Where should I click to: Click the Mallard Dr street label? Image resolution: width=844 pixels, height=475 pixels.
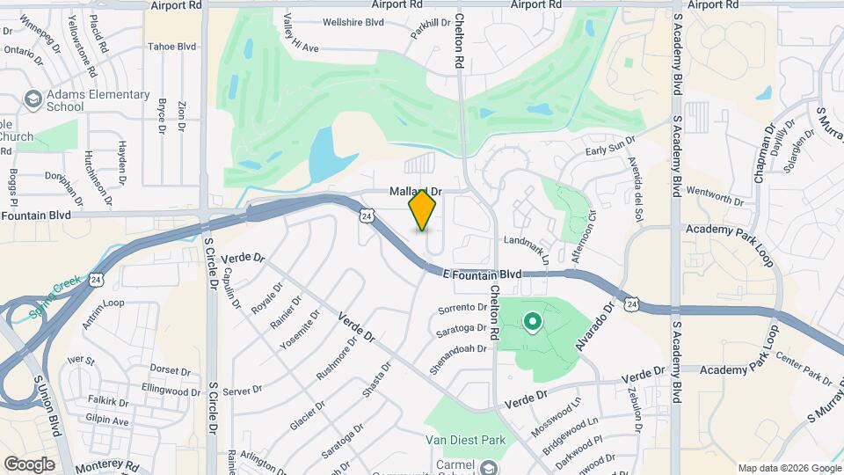click(x=415, y=191)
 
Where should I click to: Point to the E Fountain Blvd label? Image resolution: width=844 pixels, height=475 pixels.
click(x=483, y=274)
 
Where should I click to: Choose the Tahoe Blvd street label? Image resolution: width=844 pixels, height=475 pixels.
click(x=171, y=46)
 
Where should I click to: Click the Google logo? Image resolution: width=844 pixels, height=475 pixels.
click(x=29, y=464)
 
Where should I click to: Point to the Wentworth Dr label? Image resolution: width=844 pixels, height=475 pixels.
click(x=715, y=196)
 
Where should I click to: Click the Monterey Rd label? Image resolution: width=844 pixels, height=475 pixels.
click(x=108, y=464)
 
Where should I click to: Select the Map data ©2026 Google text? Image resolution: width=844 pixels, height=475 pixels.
click(x=789, y=468)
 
